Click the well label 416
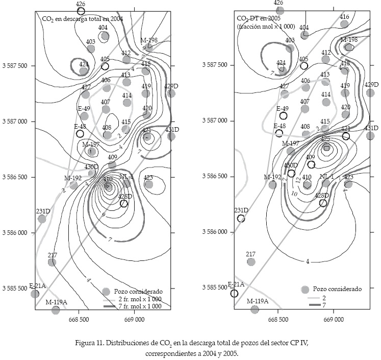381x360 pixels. [344, 17]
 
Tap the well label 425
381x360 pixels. [325, 138]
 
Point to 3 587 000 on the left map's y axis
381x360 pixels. [17, 122]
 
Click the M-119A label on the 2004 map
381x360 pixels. [57, 302]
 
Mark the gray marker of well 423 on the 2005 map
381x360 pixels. [349, 184]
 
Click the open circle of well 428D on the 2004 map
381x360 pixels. [123, 203]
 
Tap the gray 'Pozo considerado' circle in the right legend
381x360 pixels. [305, 289]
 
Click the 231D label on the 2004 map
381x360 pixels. [43, 211]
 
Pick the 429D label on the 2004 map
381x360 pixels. [171, 86]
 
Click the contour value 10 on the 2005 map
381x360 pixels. [294, 194]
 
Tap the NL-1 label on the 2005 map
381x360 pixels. [326, 177]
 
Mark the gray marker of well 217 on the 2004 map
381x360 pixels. [52, 262]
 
